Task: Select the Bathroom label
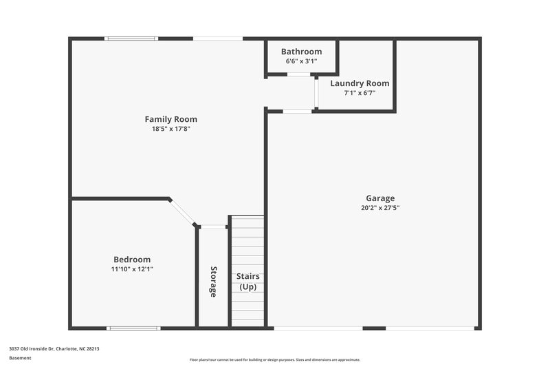301,52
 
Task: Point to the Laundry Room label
360,83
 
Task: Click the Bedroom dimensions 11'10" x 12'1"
132,269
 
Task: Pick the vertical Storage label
213,281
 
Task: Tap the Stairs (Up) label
247,281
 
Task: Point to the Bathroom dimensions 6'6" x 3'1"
301,61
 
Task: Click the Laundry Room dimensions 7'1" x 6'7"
360,93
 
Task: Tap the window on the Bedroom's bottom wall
129,328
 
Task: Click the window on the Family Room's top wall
131,39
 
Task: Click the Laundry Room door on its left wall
316,92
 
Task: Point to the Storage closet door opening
214,227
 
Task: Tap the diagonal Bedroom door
184,211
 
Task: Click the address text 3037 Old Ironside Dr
54,349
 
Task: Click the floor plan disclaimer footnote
274,359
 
